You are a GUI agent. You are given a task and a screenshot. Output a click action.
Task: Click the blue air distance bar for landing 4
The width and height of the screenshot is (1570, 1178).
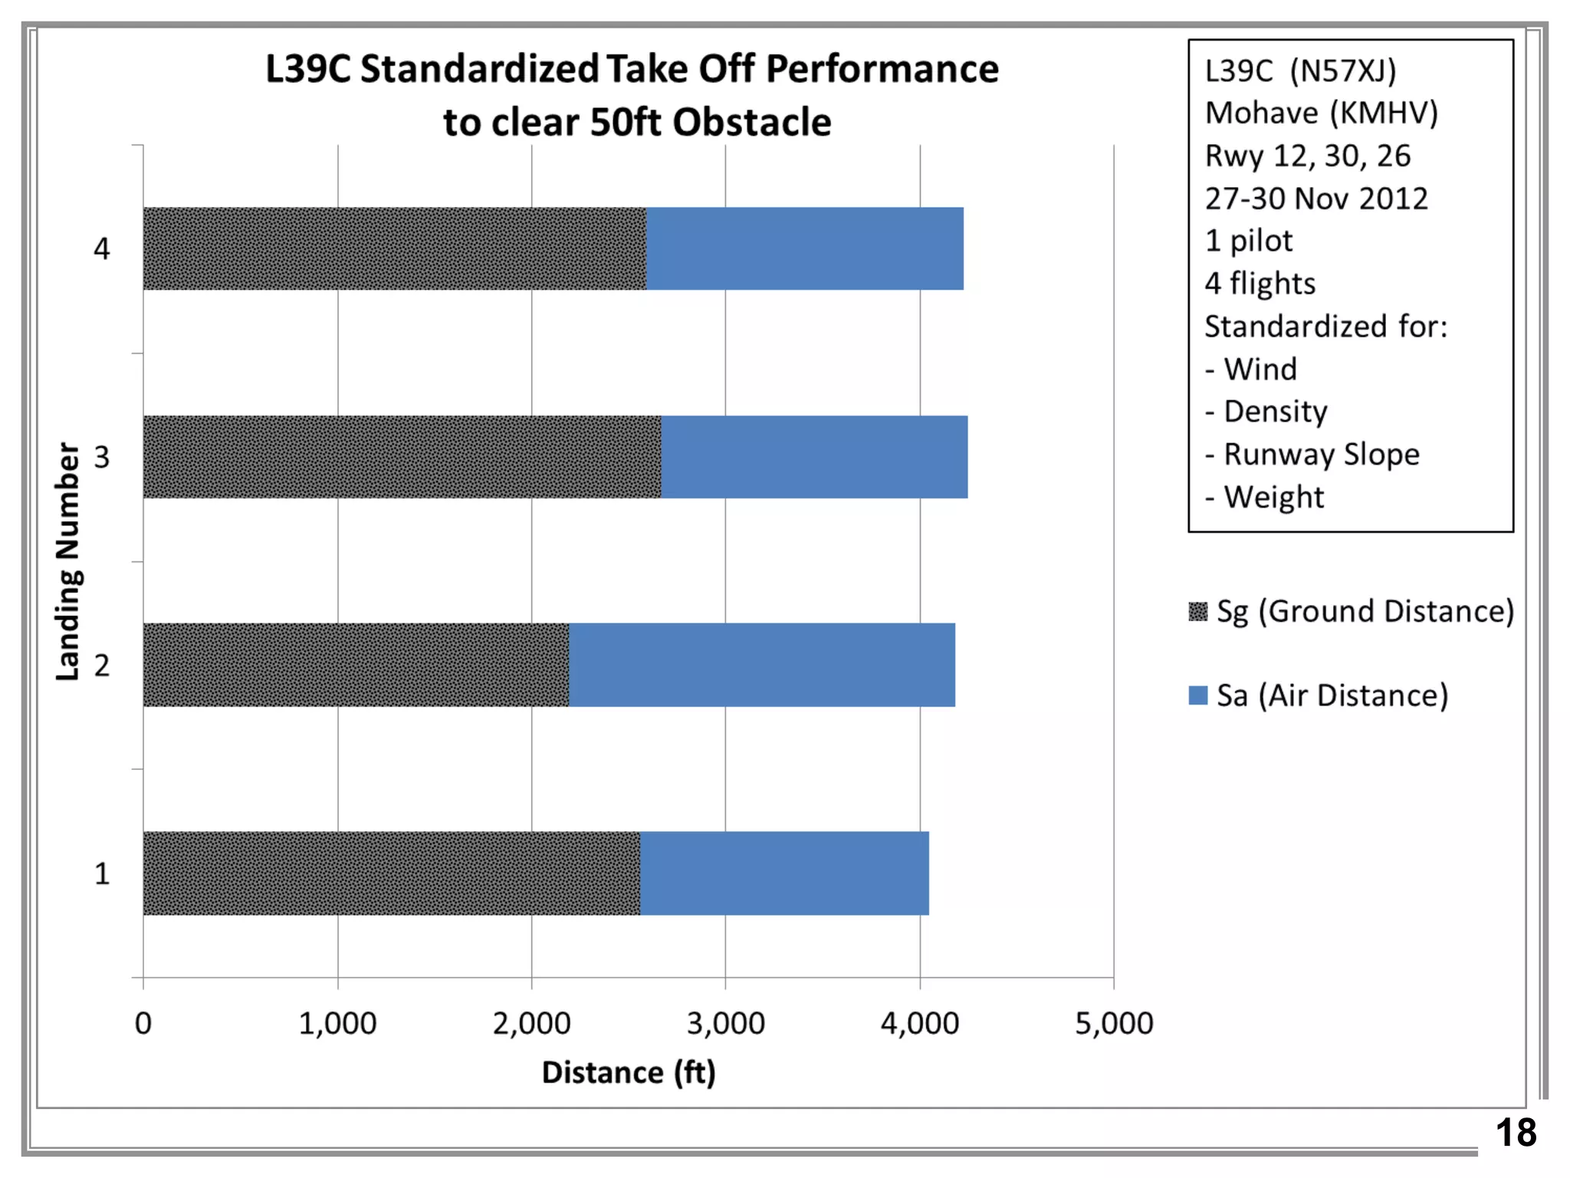pos(805,248)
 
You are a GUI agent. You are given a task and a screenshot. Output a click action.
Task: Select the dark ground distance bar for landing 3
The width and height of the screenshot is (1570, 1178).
pos(402,457)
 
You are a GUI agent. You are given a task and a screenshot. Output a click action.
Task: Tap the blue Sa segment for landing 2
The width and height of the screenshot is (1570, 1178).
pos(762,665)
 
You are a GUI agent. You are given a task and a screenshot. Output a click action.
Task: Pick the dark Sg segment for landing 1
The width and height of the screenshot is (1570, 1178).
pos(391,874)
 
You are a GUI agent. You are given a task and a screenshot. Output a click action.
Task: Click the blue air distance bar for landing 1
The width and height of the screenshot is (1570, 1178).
pos(784,874)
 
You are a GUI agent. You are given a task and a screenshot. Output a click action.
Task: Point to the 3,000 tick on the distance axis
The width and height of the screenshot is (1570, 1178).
pos(725,1023)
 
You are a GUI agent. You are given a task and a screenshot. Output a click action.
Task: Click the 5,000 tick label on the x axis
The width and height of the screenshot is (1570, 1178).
pos(1113,1023)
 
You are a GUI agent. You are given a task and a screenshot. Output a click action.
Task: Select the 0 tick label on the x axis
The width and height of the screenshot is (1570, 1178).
pos(143,1023)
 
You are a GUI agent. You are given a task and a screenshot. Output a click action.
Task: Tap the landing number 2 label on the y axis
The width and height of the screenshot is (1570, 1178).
pos(102,666)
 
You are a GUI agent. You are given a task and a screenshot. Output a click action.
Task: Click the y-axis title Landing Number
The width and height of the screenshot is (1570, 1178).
pos(68,561)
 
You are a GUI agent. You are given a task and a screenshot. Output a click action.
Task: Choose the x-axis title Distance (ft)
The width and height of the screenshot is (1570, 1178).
pos(629,1072)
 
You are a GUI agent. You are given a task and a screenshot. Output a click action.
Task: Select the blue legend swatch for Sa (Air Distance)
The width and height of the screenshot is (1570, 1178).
pos(1197,696)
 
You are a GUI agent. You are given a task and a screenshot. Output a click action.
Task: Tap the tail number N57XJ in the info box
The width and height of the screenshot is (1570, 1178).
pos(1343,71)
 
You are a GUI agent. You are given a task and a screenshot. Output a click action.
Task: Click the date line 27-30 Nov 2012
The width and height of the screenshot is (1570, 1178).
pos(1316,199)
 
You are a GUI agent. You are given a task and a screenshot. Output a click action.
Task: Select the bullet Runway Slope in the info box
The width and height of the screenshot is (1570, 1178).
pos(1321,454)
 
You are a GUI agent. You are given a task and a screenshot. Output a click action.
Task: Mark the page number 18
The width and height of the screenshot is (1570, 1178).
pos(1516,1133)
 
